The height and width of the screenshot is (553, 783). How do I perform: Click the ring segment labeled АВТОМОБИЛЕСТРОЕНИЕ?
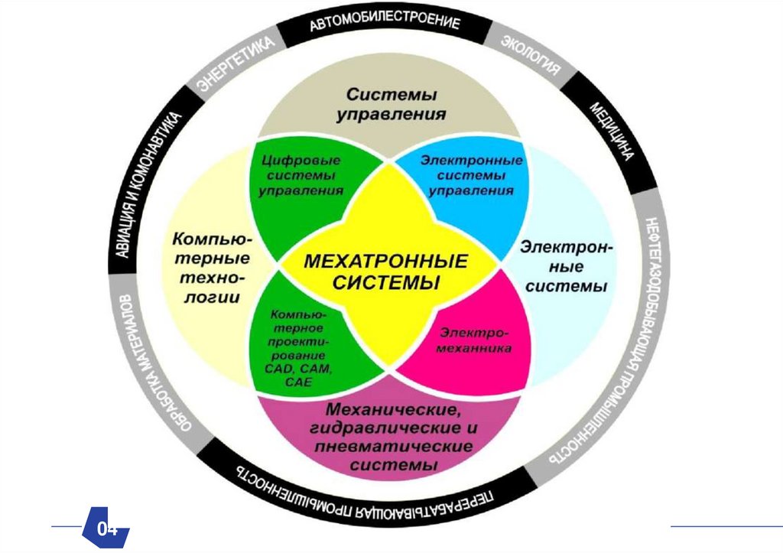pos(385,24)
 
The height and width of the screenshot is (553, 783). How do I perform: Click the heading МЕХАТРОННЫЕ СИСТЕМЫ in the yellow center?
pos(385,272)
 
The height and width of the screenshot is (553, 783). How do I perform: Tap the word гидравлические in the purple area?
pos(390,430)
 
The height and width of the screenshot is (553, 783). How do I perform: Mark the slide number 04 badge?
pos(107,529)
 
